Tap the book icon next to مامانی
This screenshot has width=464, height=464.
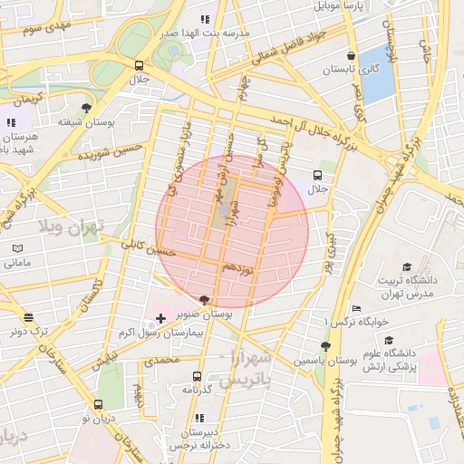pos(19,248)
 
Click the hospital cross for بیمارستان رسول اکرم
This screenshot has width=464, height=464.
pos(161,318)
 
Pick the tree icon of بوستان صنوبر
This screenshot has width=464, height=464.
pos(205,299)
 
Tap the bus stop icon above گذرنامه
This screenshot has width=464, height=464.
pos(197,375)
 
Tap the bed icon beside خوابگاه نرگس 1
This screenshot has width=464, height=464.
pos(356,308)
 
